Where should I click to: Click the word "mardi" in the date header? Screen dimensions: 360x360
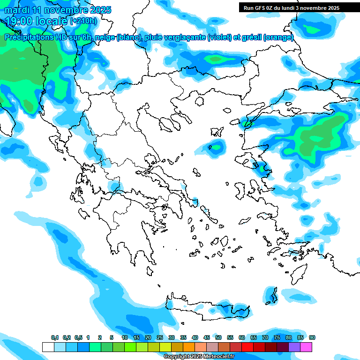click(x=17, y=10)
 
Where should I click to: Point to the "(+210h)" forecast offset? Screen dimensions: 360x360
click(x=83, y=21)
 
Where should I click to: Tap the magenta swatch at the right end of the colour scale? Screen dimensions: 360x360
click(x=307, y=347)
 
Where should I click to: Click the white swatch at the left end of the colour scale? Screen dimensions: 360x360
click(x=48, y=347)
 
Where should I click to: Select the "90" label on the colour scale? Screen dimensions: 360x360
click(x=312, y=337)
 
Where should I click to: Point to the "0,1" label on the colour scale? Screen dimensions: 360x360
click(x=55, y=337)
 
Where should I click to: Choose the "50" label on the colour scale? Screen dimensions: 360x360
click(x=218, y=337)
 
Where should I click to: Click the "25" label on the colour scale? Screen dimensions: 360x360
click(x=160, y=337)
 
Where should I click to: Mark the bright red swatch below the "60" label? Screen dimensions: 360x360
click(x=248, y=347)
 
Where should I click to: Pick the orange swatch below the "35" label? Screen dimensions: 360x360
click(x=189, y=347)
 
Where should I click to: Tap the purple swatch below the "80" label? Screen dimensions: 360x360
click(x=295, y=347)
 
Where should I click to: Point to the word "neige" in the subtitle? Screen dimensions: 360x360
click(x=105, y=37)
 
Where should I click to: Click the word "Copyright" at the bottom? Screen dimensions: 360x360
click(x=177, y=357)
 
